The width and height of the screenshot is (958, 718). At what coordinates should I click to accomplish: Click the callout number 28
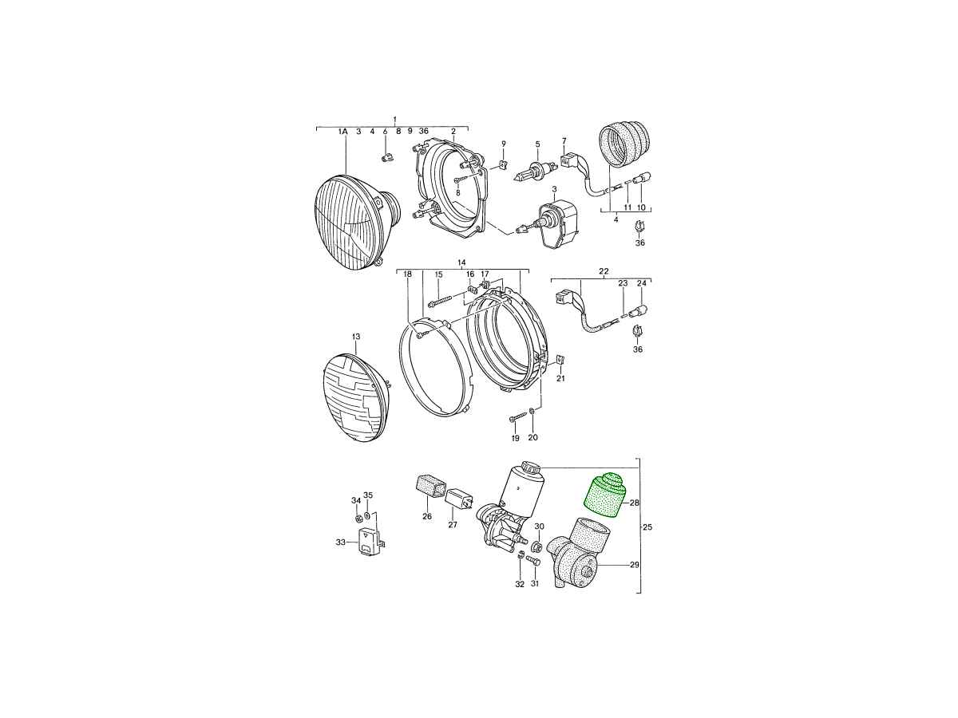coord(634,503)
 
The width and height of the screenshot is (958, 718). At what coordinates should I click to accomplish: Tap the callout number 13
coord(356,337)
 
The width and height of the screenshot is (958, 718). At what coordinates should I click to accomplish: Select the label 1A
coord(342,131)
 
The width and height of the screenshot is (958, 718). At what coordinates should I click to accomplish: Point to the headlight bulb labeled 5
coord(534,172)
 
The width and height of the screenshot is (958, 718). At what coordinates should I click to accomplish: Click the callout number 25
coord(647,527)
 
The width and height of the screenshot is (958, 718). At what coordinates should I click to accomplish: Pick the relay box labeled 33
coord(370,542)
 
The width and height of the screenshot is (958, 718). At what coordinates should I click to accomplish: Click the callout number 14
coord(461,262)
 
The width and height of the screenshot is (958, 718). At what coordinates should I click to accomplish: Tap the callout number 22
coord(604,271)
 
